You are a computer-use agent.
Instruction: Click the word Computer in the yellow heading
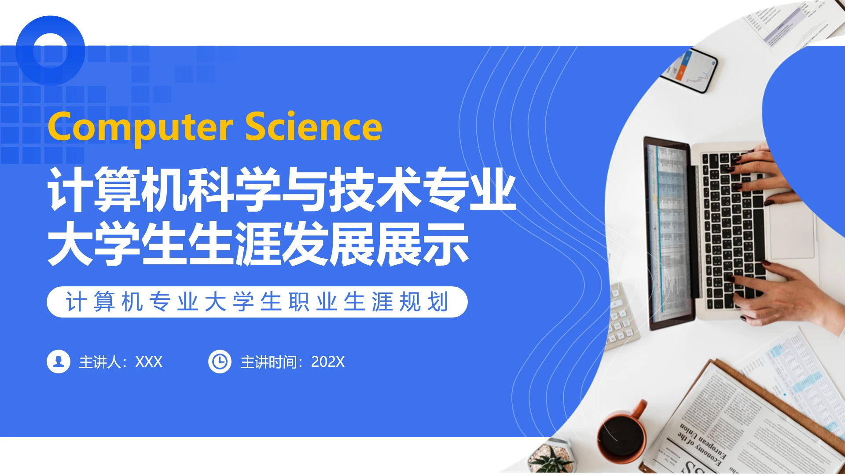[x=140, y=127]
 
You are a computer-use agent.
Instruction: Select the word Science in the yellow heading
[x=313, y=127]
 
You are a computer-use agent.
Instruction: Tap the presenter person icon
[x=59, y=362]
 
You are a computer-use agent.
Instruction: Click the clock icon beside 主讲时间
[x=220, y=362]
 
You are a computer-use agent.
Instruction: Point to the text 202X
[x=327, y=362]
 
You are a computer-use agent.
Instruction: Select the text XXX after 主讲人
[x=149, y=362]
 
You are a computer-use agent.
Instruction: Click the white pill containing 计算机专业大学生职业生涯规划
[x=257, y=302]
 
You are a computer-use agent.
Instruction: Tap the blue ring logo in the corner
[x=50, y=51]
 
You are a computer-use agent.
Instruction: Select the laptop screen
[x=669, y=233]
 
